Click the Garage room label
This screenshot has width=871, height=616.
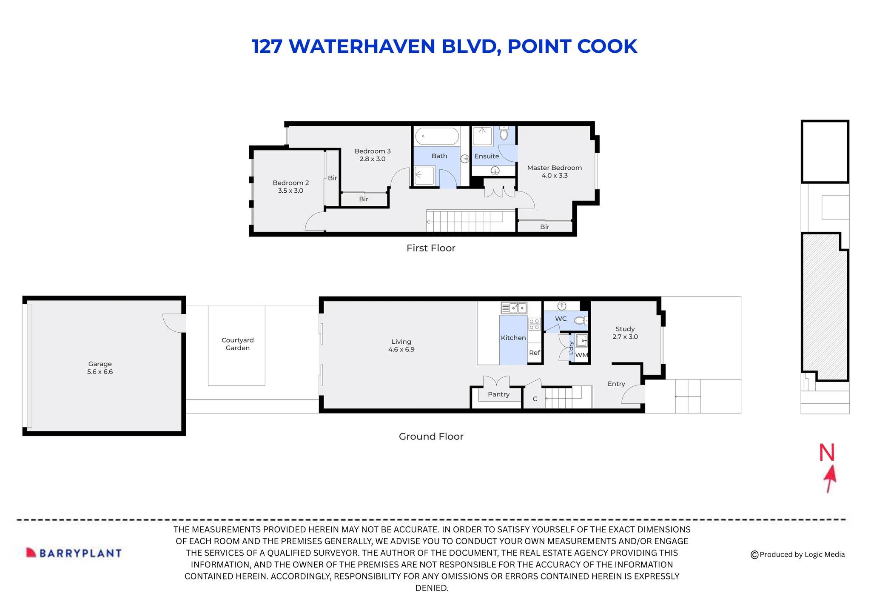100,368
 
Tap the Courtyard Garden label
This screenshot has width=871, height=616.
237,344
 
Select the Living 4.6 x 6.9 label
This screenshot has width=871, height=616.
401,345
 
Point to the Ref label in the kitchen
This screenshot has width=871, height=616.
535,353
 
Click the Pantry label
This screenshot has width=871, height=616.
498,394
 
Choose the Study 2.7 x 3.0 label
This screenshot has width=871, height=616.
625,333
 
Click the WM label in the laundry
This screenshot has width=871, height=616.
581,355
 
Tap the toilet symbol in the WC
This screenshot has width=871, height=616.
580,320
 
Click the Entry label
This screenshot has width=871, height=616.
616,384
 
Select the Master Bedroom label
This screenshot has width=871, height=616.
554,171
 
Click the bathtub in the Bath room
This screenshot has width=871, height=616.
437,137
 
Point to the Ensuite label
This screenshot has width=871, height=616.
487,156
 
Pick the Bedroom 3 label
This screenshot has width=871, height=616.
373,155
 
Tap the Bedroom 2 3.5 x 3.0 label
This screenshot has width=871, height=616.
290,187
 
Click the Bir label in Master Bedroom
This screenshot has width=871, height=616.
544,227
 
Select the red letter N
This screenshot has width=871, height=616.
827,453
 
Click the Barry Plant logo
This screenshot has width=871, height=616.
74,553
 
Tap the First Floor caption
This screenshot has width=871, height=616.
430,248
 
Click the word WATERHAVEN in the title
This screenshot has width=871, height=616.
362,46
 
